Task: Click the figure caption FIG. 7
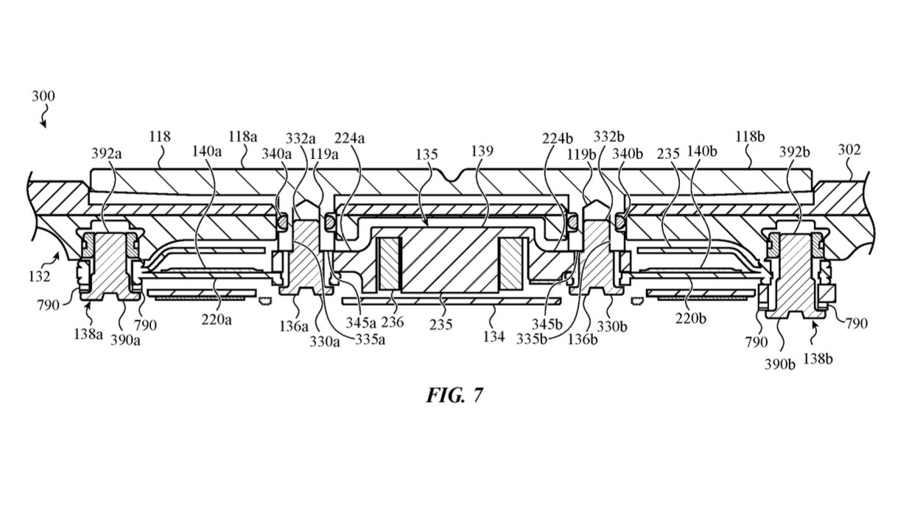click(x=455, y=395)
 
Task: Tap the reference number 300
click(x=43, y=96)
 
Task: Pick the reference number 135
click(x=427, y=155)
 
